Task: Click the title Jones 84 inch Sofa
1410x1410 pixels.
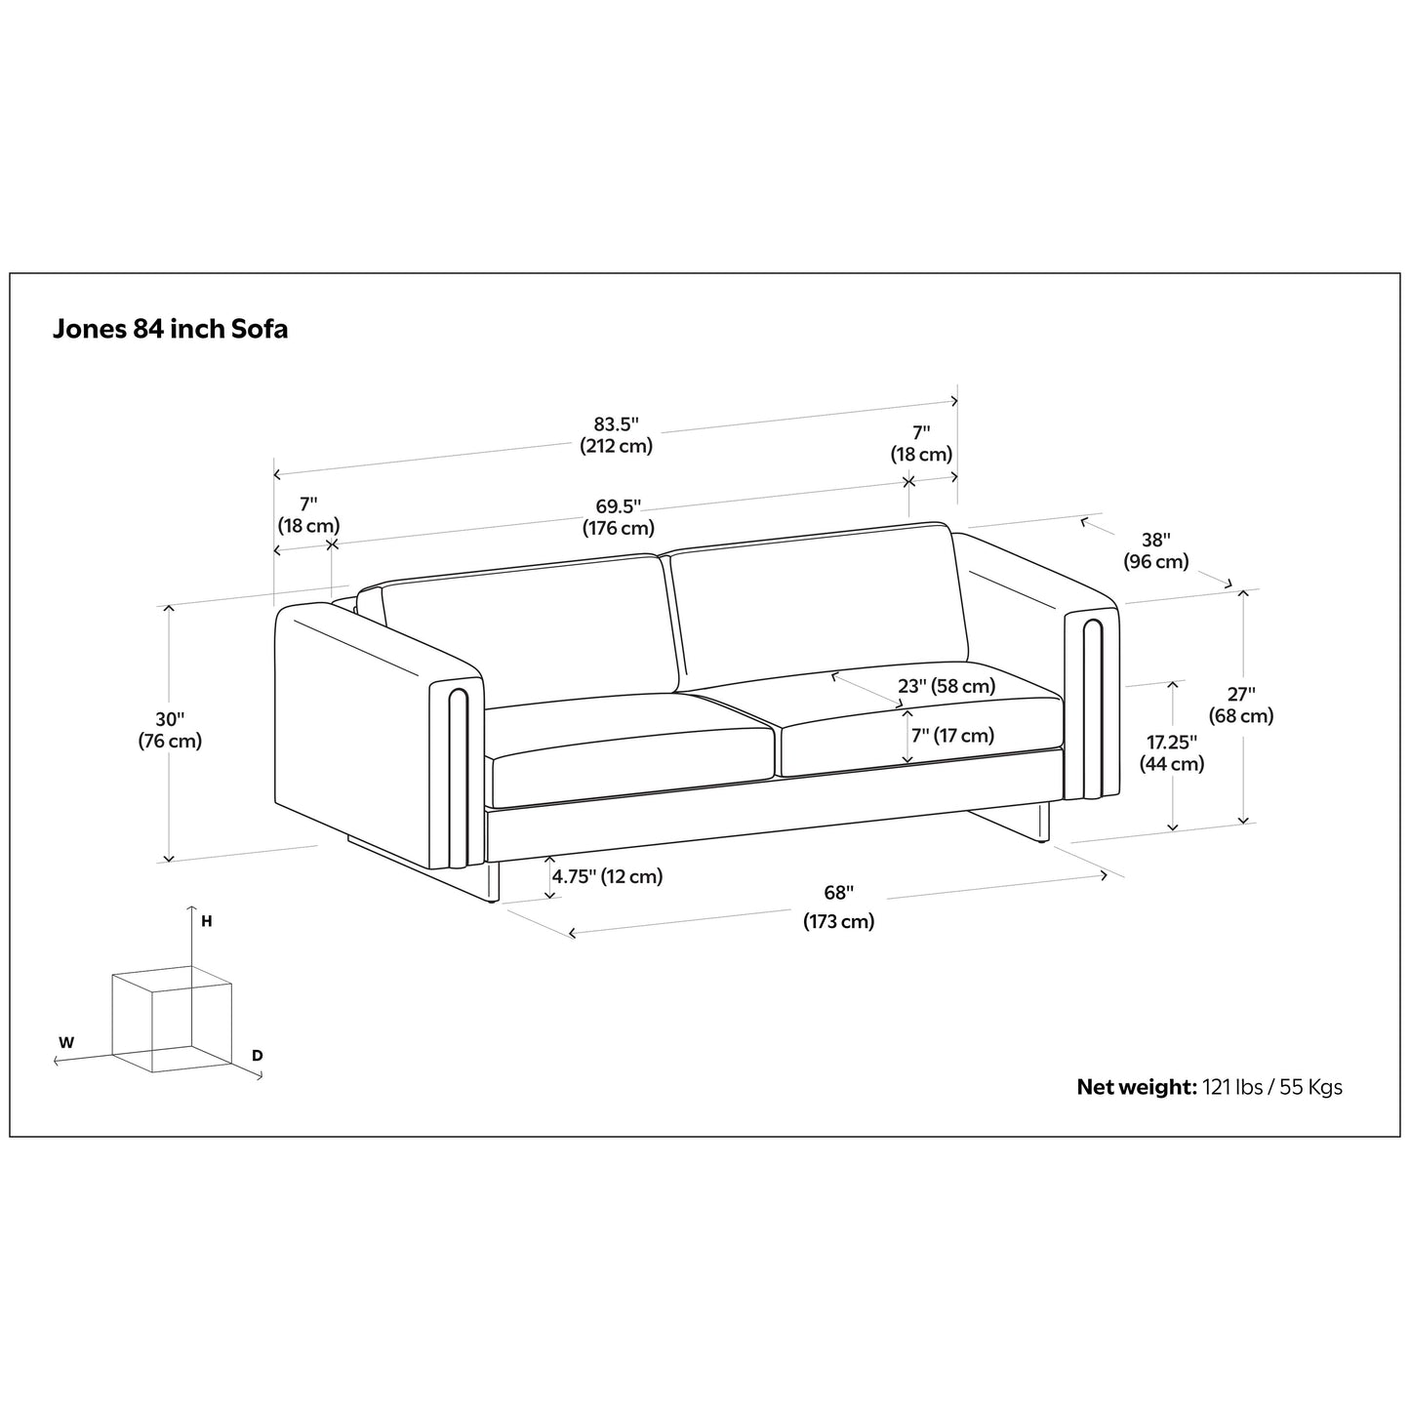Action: pyautogui.click(x=170, y=329)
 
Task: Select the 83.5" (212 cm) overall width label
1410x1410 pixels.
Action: pyautogui.click(x=616, y=435)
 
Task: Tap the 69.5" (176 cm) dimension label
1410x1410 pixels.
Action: pyautogui.click(x=618, y=517)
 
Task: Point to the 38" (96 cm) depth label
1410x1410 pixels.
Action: pyautogui.click(x=1155, y=550)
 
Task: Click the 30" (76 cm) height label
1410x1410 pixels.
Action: pyautogui.click(x=170, y=730)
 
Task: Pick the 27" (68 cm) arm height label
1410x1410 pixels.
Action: pyautogui.click(x=1241, y=705)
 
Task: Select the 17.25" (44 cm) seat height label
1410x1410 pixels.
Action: pyautogui.click(x=1171, y=752)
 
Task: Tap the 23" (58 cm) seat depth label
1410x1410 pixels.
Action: pyautogui.click(x=947, y=686)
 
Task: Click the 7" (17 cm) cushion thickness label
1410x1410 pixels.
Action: pyautogui.click(x=952, y=736)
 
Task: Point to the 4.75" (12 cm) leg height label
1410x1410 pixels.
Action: pyautogui.click(x=607, y=876)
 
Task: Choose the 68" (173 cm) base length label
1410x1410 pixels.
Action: pyautogui.click(x=838, y=906)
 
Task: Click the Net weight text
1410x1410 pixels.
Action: pyautogui.click(x=1209, y=1087)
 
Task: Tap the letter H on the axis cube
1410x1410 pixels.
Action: pyautogui.click(x=207, y=920)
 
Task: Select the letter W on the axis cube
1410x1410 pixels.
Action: pyautogui.click(x=66, y=1042)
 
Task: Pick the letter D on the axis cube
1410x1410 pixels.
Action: pyautogui.click(x=257, y=1055)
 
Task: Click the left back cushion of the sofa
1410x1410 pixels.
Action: pyautogui.click(x=527, y=624)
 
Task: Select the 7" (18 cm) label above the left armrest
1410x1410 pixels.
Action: pyautogui.click(x=308, y=515)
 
